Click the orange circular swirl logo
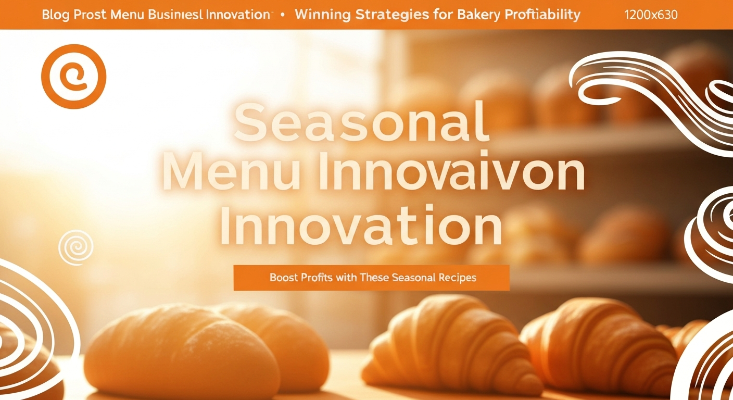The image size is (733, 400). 73,77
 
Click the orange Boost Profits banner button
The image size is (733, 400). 371,278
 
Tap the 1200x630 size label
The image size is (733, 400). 651,15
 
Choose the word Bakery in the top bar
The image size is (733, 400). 479,15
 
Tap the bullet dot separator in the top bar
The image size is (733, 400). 283,15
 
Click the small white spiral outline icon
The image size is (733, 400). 76,247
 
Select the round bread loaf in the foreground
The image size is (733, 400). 183,350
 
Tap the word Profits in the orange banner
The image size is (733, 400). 317,278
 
